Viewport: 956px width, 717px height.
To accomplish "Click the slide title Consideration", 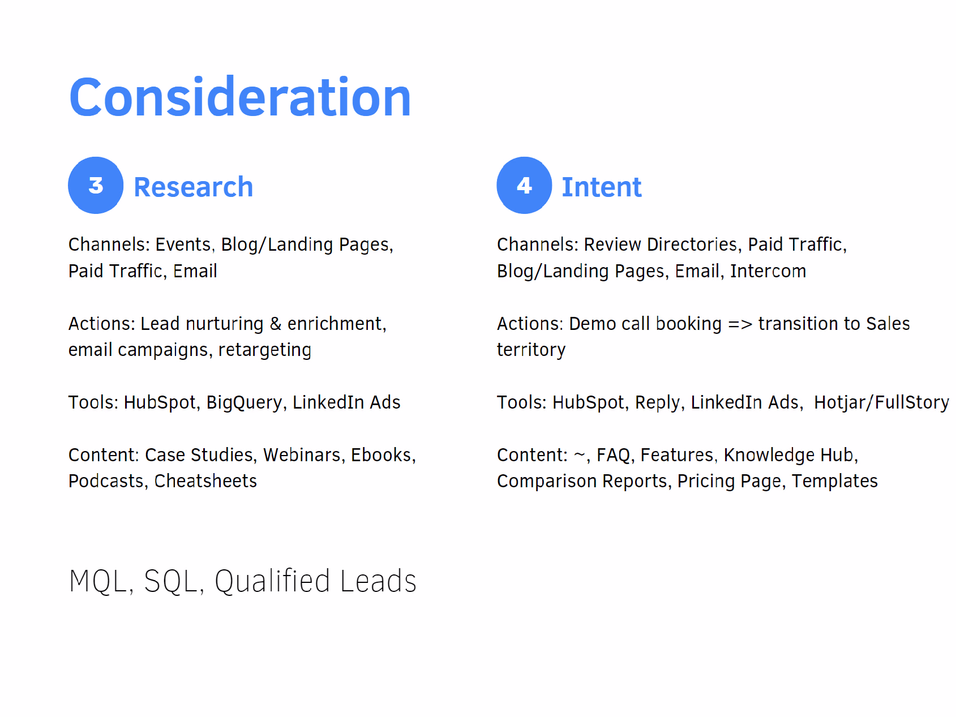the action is click(x=240, y=97).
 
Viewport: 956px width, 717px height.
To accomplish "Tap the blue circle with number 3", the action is click(x=96, y=185).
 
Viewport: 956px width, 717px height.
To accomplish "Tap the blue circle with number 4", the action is click(x=524, y=185).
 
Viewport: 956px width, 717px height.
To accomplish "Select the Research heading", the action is click(x=193, y=187).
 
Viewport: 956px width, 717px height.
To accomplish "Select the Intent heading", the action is click(x=601, y=187).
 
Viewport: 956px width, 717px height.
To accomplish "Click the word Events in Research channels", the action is click(x=183, y=244).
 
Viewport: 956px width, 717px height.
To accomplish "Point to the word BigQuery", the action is click(x=244, y=402).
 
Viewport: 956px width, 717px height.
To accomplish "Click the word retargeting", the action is click(x=265, y=350).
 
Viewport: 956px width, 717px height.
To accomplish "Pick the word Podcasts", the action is click(x=106, y=481).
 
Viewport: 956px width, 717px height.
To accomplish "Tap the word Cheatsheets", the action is click(x=205, y=481).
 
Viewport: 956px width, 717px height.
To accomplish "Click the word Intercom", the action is click(x=768, y=271).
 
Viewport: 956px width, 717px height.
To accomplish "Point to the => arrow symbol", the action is click(x=740, y=324).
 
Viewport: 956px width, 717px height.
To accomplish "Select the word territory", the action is click(x=531, y=350).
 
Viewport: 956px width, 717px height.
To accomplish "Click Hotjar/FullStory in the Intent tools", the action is click(x=881, y=402).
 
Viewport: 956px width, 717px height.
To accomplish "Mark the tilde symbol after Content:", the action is click(x=580, y=454).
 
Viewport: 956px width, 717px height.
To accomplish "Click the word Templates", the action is click(x=835, y=481).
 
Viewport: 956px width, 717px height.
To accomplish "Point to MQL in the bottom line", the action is click(x=97, y=582).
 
